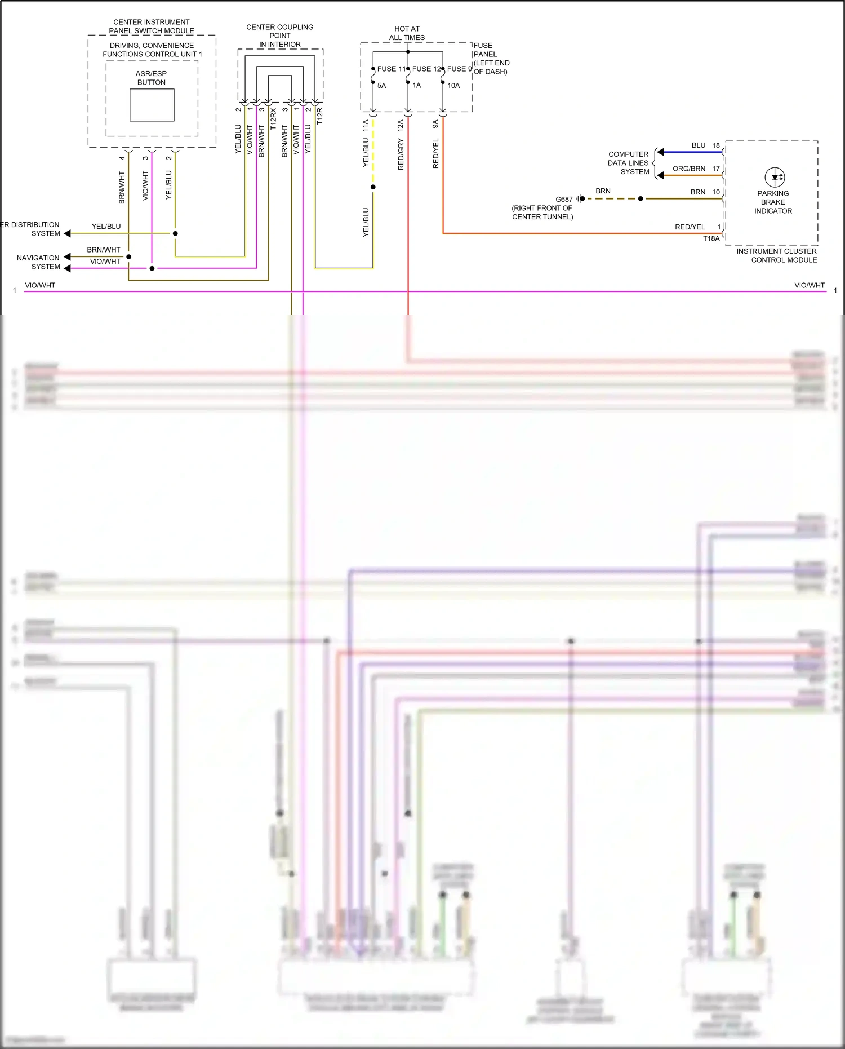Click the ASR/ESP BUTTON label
(151, 78)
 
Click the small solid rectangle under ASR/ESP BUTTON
(152, 105)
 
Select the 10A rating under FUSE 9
(453, 86)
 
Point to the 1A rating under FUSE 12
(417, 86)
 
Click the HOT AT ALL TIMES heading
(407, 33)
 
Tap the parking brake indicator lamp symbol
(775, 177)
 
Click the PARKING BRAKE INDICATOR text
(773, 202)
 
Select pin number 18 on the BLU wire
(716, 145)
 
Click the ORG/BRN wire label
(688, 169)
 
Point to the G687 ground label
(564, 199)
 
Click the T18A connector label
(711, 238)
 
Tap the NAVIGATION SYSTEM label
(38, 262)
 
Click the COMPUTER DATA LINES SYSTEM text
(629, 163)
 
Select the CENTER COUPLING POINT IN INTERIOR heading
(280, 36)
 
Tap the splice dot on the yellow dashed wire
(373, 187)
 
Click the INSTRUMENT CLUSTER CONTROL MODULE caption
(777, 255)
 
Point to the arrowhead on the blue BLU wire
(660, 152)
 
